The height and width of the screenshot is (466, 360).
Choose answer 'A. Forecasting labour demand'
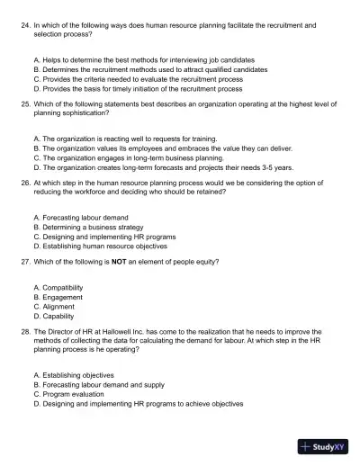click(80, 217)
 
